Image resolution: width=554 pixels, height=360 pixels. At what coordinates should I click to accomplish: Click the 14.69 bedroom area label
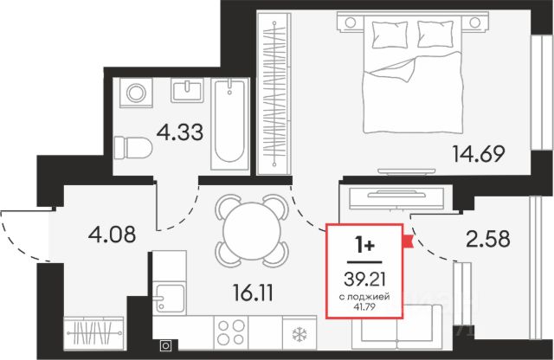click(479, 154)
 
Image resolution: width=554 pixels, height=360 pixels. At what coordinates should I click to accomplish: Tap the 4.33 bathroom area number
click(180, 132)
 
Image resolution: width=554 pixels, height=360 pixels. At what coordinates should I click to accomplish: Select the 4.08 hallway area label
click(112, 235)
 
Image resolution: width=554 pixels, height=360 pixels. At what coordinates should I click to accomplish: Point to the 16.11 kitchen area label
click(253, 292)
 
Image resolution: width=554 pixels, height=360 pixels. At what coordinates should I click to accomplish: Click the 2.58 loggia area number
click(488, 239)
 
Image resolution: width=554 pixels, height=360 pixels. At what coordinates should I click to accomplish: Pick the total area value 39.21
click(364, 280)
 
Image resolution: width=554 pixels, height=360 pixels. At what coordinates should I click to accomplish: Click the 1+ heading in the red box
click(364, 246)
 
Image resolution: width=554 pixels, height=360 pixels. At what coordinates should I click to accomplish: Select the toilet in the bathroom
click(132, 148)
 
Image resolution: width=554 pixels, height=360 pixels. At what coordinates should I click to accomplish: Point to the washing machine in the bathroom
click(136, 93)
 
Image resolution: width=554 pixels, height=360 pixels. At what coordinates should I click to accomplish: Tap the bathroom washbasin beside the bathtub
click(187, 91)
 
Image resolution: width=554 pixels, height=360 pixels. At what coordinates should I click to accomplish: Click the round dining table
click(252, 231)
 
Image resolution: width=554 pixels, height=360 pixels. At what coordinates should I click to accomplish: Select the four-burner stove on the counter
click(231, 332)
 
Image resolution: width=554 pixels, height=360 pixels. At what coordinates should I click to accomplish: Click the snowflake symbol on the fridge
click(300, 333)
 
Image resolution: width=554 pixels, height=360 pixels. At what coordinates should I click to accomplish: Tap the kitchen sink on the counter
click(170, 298)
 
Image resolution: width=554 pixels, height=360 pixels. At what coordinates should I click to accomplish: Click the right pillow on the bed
click(435, 34)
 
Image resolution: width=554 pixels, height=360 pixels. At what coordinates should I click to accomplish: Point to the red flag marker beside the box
click(408, 241)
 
